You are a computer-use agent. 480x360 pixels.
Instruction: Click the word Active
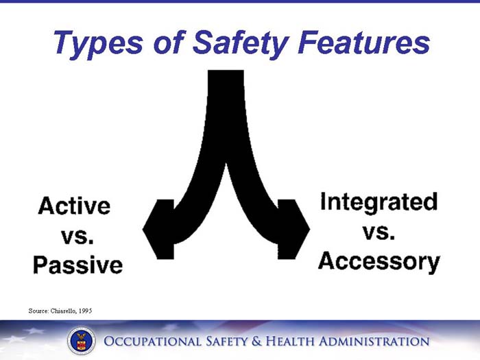click(x=75, y=205)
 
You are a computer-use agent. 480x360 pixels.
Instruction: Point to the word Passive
click(x=77, y=265)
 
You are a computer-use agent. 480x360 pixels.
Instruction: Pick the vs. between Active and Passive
click(x=77, y=235)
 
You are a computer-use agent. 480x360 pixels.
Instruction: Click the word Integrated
click(x=379, y=202)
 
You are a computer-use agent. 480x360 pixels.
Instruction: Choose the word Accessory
click(x=379, y=261)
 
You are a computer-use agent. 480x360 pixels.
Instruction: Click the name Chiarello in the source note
click(x=67, y=311)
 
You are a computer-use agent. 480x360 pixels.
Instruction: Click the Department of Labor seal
click(x=82, y=341)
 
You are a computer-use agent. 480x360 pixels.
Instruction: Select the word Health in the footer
click(x=304, y=341)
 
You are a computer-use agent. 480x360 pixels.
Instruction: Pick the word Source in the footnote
click(x=38, y=311)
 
